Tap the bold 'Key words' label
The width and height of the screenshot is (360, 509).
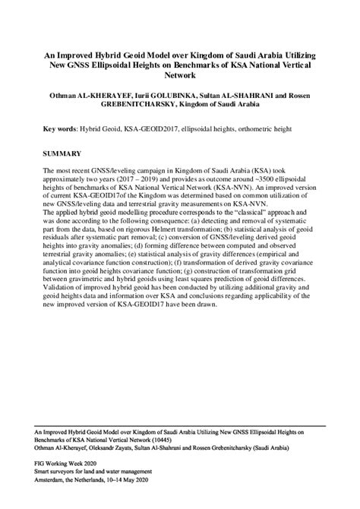[62, 130]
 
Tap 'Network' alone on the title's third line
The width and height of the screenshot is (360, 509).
[180, 76]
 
